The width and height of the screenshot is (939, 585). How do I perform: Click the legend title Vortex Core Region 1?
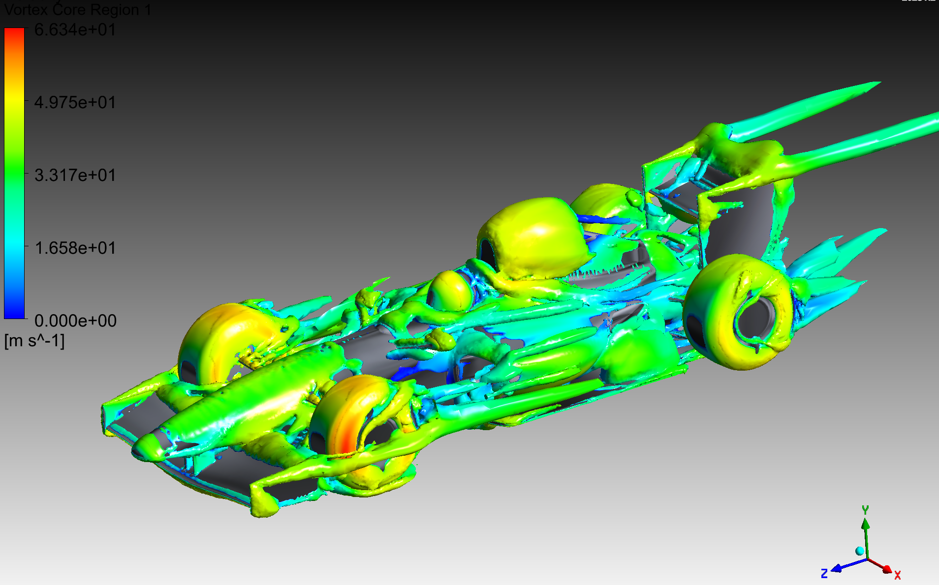(x=78, y=10)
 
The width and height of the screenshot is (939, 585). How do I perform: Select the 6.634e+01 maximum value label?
(x=75, y=30)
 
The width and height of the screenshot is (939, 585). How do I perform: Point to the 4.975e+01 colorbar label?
(x=75, y=103)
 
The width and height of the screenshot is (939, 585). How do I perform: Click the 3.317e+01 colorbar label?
(x=75, y=175)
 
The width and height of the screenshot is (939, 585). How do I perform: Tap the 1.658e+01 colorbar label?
(x=75, y=248)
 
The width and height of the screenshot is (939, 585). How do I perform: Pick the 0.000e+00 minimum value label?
(x=75, y=321)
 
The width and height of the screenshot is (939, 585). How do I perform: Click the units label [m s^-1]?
(x=34, y=341)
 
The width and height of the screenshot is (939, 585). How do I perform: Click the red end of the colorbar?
(x=14, y=34)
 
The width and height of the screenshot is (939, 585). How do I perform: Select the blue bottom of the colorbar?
(x=14, y=312)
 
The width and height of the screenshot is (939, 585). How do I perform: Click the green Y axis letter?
(x=865, y=510)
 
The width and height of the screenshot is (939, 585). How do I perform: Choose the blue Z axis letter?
(x=824, y=574)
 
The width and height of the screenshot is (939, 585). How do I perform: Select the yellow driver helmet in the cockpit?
(x=450, y=290)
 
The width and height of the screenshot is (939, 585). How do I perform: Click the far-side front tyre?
(x=221, y=339)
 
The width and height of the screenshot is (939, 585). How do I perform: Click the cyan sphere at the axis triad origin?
(x=859, y=551)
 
